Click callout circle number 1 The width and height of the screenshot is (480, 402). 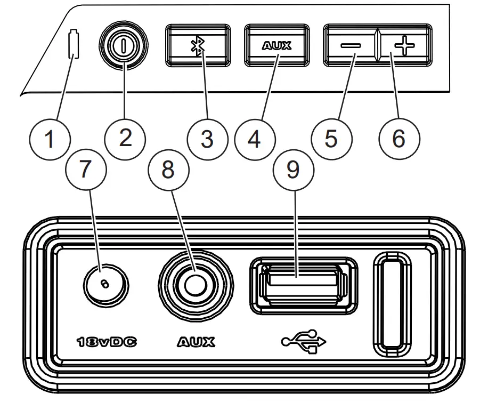[50, 140]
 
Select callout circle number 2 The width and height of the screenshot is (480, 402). [125, 138]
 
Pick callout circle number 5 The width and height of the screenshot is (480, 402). [331, 139]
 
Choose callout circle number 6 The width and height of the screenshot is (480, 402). [399, 139]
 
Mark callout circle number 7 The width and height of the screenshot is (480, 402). [85, 169]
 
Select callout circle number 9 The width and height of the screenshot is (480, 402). [293, 169]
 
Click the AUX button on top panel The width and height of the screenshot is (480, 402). [277, 46]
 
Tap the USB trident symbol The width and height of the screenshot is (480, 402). [303, 342]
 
